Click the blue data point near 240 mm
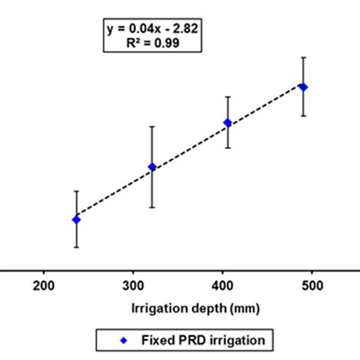[x=76, y=219]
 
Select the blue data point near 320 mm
[x=152, y=167]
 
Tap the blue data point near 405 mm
[x=228, y=122]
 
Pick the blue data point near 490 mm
[x=303, y=87]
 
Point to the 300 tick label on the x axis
[x=133, y=286]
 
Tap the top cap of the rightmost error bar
[x=303, y=57]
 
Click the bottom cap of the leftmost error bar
[x=76, y=248]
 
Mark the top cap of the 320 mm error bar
[x=152, y=126]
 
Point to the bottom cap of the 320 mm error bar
[x=152, y=207]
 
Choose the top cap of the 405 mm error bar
[x=228, y=96]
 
